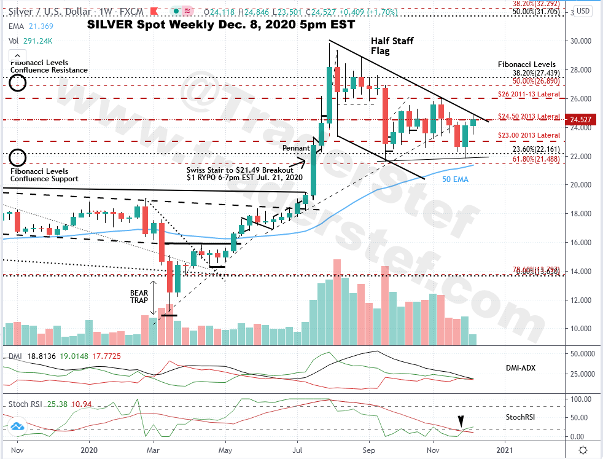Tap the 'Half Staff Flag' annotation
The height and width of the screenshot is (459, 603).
[392, 46]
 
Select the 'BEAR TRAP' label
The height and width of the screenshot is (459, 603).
[139, 297]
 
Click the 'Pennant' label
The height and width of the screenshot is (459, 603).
[296, 149]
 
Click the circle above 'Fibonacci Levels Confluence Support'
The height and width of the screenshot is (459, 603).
[18, 157]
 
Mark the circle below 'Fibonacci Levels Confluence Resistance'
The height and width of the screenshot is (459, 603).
[18, 84]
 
